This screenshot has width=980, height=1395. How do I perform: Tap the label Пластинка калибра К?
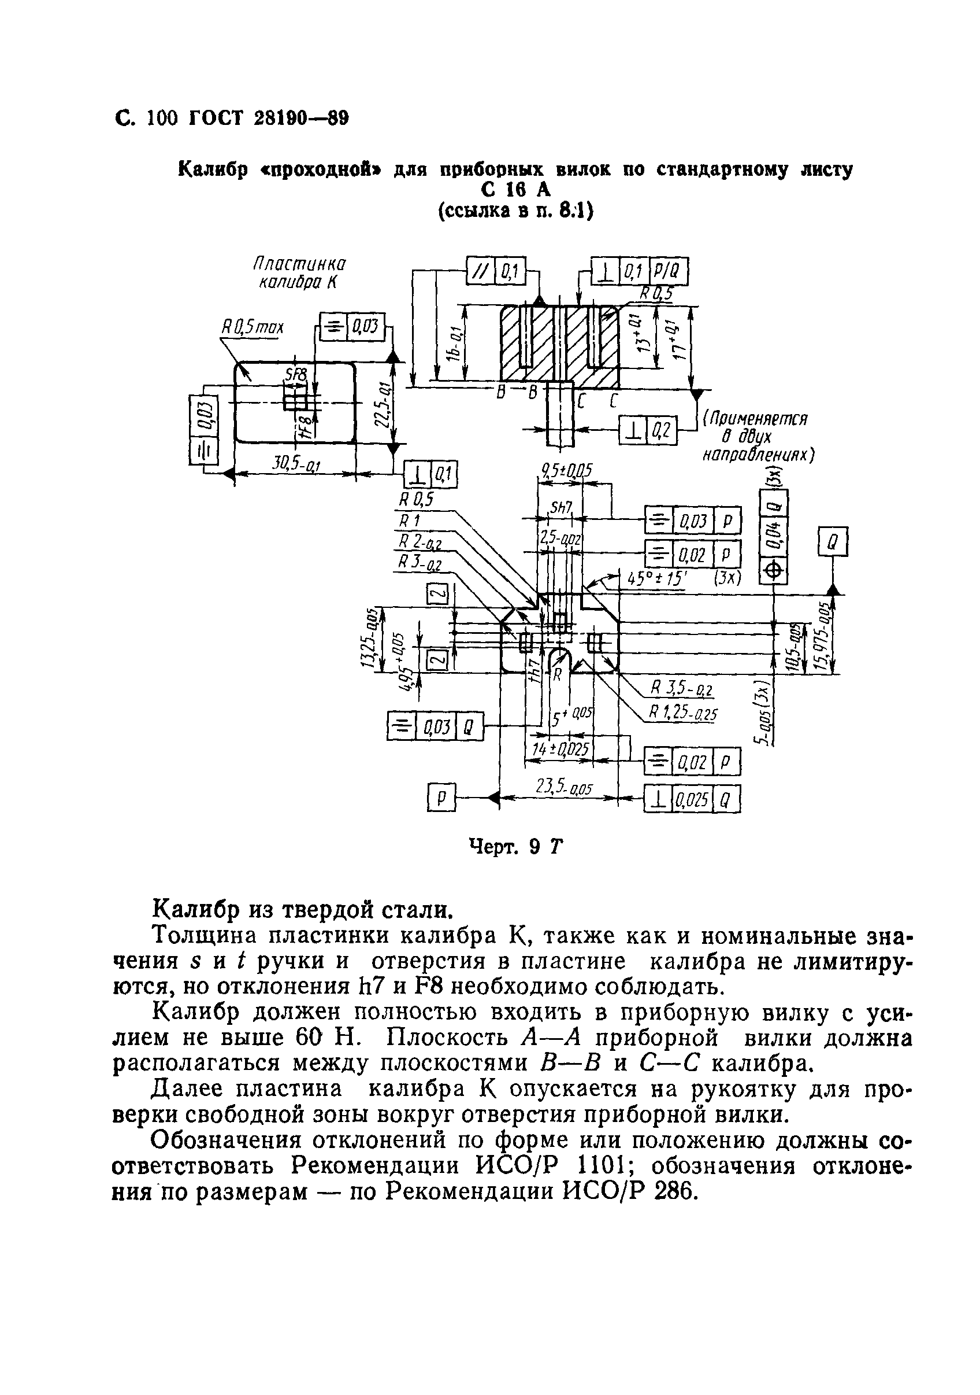pyautogui.click(x=299, y=274)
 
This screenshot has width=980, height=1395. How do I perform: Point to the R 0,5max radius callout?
pyautogui.click(x=252, y=328)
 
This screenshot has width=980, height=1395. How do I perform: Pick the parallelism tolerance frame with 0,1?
pyautogui.click(x=495, y=271)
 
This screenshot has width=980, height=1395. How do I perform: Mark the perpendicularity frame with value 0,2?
pyautogui.click(x=647, y=431)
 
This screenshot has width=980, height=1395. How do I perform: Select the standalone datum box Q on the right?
pyautogui.click(x=833, y=541)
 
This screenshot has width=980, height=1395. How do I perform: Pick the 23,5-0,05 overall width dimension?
pyautogui.click(x=564, y=788)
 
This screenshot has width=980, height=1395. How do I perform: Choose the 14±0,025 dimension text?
pyautogui.click(x=560, y=750)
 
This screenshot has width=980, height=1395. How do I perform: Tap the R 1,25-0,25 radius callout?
pyautogui.click(x=682, y=713)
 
